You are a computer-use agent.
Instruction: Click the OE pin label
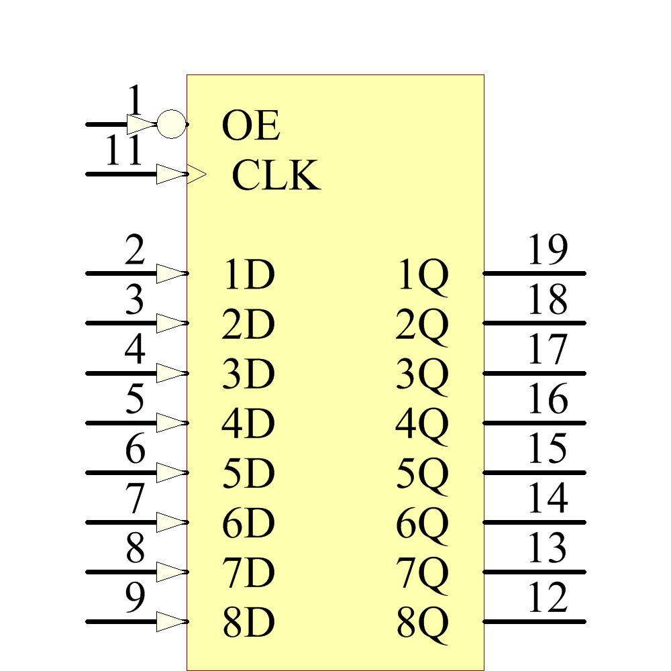coord(250,127)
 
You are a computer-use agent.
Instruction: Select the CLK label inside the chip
coord(276,176)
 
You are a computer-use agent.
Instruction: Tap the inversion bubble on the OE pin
coord(171,124)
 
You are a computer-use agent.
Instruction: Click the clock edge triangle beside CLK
coord(197,175)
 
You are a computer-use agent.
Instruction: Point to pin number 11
coord(124,152)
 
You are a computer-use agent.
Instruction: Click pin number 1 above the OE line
coord(136,102)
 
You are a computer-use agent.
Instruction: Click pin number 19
coord(548,250)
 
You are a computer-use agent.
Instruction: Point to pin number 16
coord(548,399)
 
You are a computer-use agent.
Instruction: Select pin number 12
coord(548,598)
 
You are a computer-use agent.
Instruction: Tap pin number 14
coord(548,499)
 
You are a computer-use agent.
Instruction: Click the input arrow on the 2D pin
coord(170,323)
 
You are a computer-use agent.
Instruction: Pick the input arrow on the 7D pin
coord(170,572)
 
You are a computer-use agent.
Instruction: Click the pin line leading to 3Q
coord(534,373)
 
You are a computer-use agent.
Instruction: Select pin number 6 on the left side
coord(136,449)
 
